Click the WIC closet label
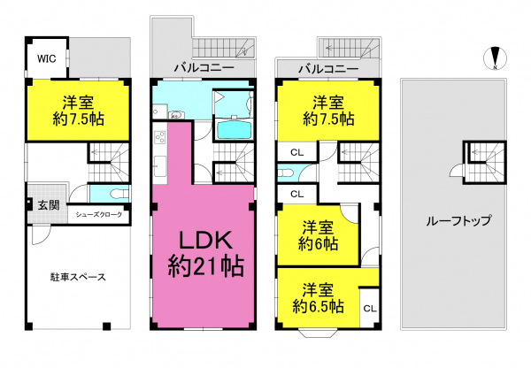pyautogui.click(x=46, y=58)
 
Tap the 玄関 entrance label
pyautogui.click(x=49, y=205)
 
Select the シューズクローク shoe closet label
pyautogui.click(x=98, y=215)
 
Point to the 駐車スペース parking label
pyautogui.click(x=78, y=277)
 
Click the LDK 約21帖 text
pyautogui.click(x=205, y=253)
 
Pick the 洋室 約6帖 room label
pyautogui.click(x=318, y=235)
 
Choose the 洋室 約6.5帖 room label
pyautogui.click(x=318, y=298)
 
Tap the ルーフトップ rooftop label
pyautogui.click(x=458, y=221)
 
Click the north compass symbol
pyautogui.click(x=495, y=58)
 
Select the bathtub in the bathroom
pyautogui.click(x=235, y=130)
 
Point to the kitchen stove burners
pyautogui.click(x=160, y=137)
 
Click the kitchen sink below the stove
pyautogui.click(x=160, y=166)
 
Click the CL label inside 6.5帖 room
pyautogui.click(x=370, y=309)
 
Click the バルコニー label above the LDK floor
pyautogui.click(x=204, y=68)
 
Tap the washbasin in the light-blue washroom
pyautogui.click(x=175, y=115)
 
